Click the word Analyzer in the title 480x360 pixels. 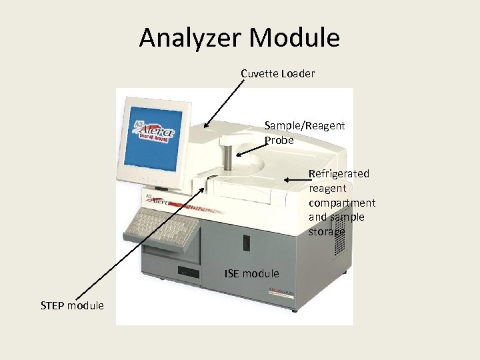(x=194, y=38)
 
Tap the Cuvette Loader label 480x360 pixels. (x=277, y=73)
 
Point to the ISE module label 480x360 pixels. (x=251, y=273)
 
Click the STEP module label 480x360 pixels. (x=72, y=305)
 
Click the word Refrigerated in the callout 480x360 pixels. (x=339, y=173)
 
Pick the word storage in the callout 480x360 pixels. (x=327, y=232)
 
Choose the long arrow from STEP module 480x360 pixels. (x=140, y=243)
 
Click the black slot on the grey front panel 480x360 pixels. (x=246, y=243)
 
